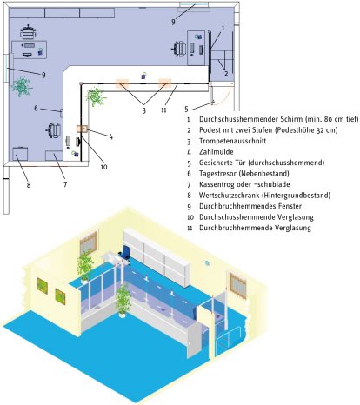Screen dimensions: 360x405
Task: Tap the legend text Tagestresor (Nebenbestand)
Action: [244, 174]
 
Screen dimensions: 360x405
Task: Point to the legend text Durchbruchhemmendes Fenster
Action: [250, 206]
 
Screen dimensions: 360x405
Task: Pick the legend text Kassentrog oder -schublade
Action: [244, 184]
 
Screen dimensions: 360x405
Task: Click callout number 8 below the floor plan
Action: [29, 184]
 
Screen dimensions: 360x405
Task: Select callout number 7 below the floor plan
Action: [65, 184]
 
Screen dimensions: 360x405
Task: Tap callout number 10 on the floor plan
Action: [103, 167]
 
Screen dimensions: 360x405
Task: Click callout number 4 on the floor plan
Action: [110, 136]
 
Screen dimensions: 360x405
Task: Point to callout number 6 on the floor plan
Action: [36, 109]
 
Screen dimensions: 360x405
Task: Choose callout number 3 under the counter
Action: [143, 110]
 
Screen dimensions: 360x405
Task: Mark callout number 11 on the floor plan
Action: [163, 110]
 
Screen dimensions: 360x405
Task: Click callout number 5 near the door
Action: [186, 110]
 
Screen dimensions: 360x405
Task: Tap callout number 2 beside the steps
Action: [226, 73]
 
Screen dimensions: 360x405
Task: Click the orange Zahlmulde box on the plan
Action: [82, 129]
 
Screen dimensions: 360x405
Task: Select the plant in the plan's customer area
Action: [96, 97]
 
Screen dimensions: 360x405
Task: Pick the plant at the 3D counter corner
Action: [123, 300]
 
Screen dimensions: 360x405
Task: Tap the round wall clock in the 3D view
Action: [207, 263]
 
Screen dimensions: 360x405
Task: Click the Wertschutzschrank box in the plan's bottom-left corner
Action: [20, 154]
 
